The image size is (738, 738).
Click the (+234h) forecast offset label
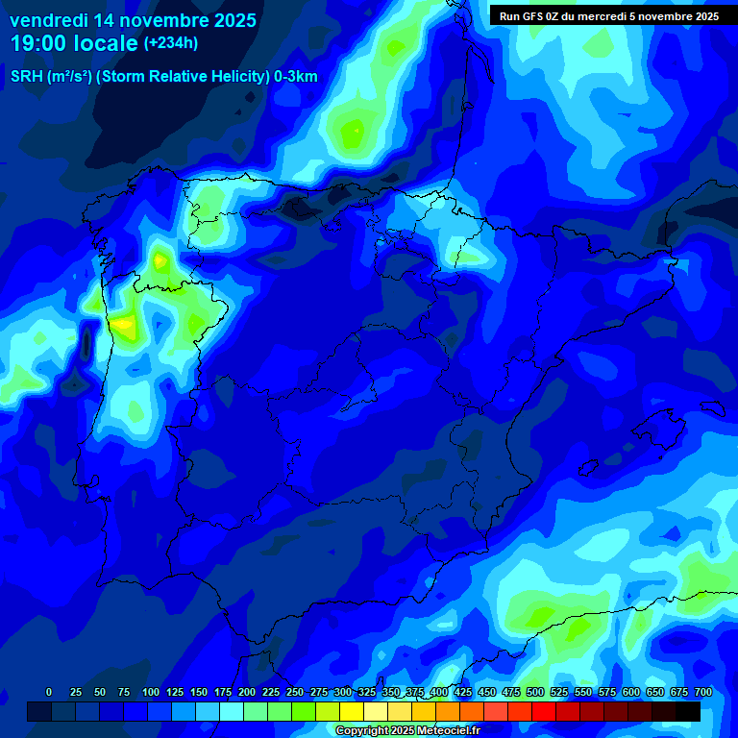click(x=170, y=43)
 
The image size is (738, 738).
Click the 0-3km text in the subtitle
click(x=295, y=77)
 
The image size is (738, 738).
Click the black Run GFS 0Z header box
click(x=608, y=15)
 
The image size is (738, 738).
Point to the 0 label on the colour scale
click(x=49, y=693)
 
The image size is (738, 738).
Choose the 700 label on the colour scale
click(x=703, y=693)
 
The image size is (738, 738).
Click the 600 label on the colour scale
click(x=631, y=693)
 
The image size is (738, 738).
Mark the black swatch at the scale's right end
click(x=688, y=712)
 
